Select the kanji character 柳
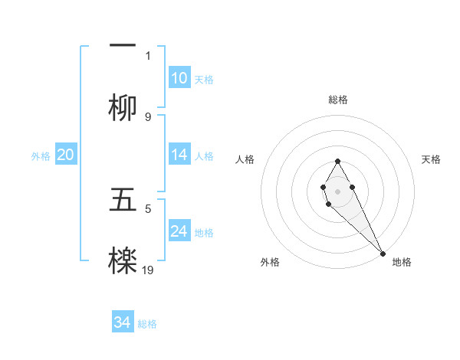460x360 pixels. (x=123, y=109)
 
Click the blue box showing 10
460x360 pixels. (x=179, y=77)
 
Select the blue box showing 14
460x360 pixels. (x=179, y=154)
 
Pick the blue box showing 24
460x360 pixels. (x=179, y=231)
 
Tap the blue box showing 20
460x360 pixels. (x=66, y=154)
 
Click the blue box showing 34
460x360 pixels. (x=123, y=322)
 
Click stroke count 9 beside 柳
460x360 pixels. (x=148, y=116)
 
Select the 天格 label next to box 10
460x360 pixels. (x=204, y=79)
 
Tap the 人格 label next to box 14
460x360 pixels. (x=204, y=155)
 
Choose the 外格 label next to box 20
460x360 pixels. (x=41, y=155)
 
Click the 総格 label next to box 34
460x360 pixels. (x=147, y=324)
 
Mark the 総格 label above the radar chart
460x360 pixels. (x=337, y=100)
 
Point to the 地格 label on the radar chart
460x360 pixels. (x=402, y=262)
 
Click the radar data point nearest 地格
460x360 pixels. (x=383, y=253)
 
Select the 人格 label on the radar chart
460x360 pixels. (x=245, y=159)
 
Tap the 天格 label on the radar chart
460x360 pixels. (x=431, y=159)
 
